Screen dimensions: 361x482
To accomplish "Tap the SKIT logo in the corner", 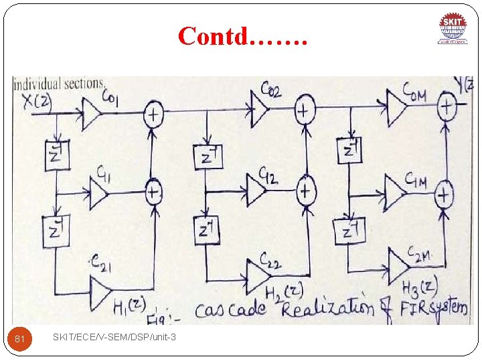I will coord(453,29).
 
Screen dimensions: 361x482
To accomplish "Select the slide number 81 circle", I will coord(20,340).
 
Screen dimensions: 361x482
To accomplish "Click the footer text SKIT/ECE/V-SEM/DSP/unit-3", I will coord(114,338).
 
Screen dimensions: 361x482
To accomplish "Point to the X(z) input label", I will coord(32,101).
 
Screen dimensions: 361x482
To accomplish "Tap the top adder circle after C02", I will coord(305,108).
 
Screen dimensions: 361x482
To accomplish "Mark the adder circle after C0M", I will coord(447,105).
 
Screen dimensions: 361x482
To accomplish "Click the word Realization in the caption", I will coord(327,308).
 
